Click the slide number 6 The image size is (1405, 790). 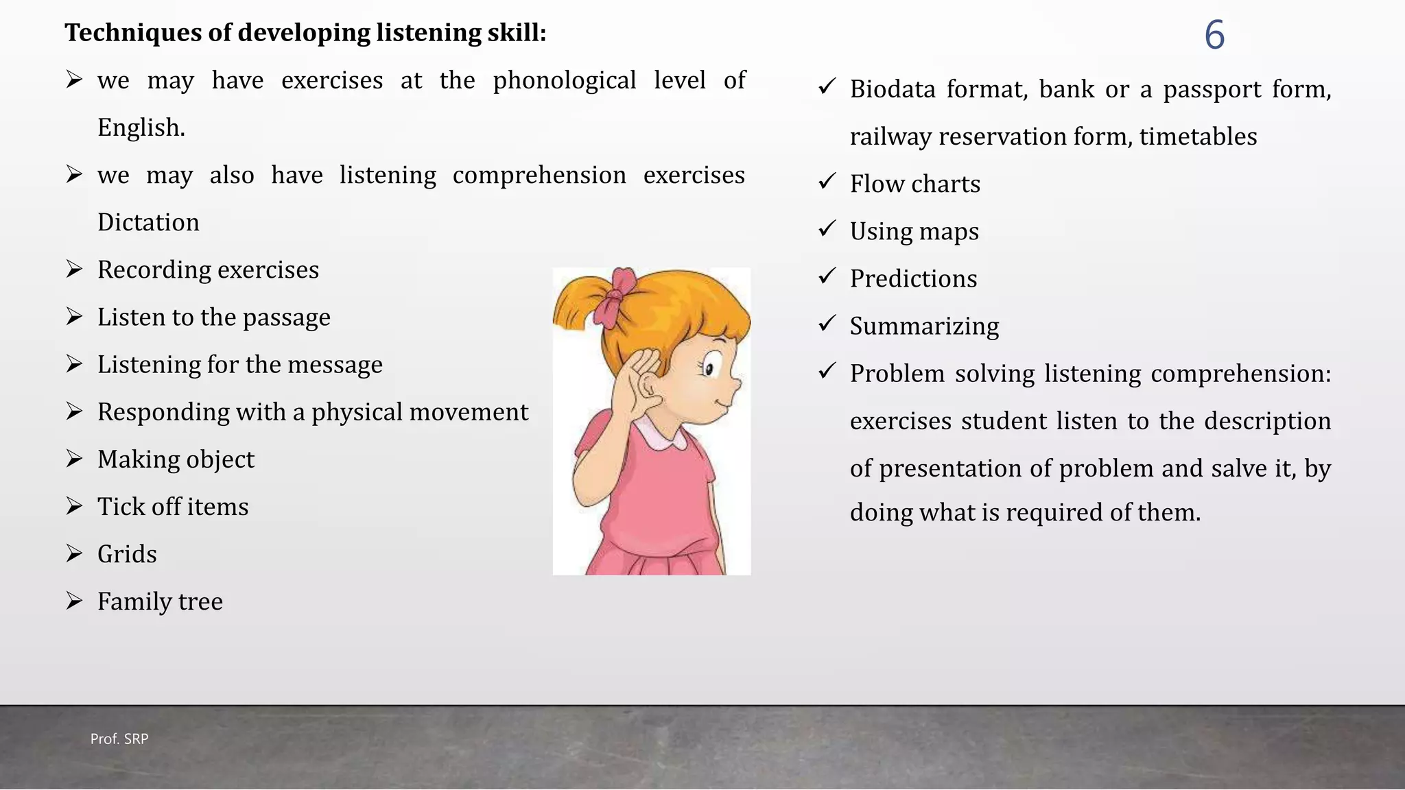pos(1214,35)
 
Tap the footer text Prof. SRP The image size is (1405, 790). pos(119,739)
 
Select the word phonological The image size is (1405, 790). pos(564,81)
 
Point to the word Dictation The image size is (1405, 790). pos(148,223)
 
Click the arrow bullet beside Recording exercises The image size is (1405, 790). pos(74,269)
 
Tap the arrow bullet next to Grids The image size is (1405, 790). pos(74,553)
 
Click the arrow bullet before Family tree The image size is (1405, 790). pos(74,601)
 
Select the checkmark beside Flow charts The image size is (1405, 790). pos(827,182)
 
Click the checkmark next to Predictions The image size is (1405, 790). pos(827,276)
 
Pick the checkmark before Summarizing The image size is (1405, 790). pos(827,324)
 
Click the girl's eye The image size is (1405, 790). pos(709,368)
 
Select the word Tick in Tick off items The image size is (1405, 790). pos(121,507)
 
